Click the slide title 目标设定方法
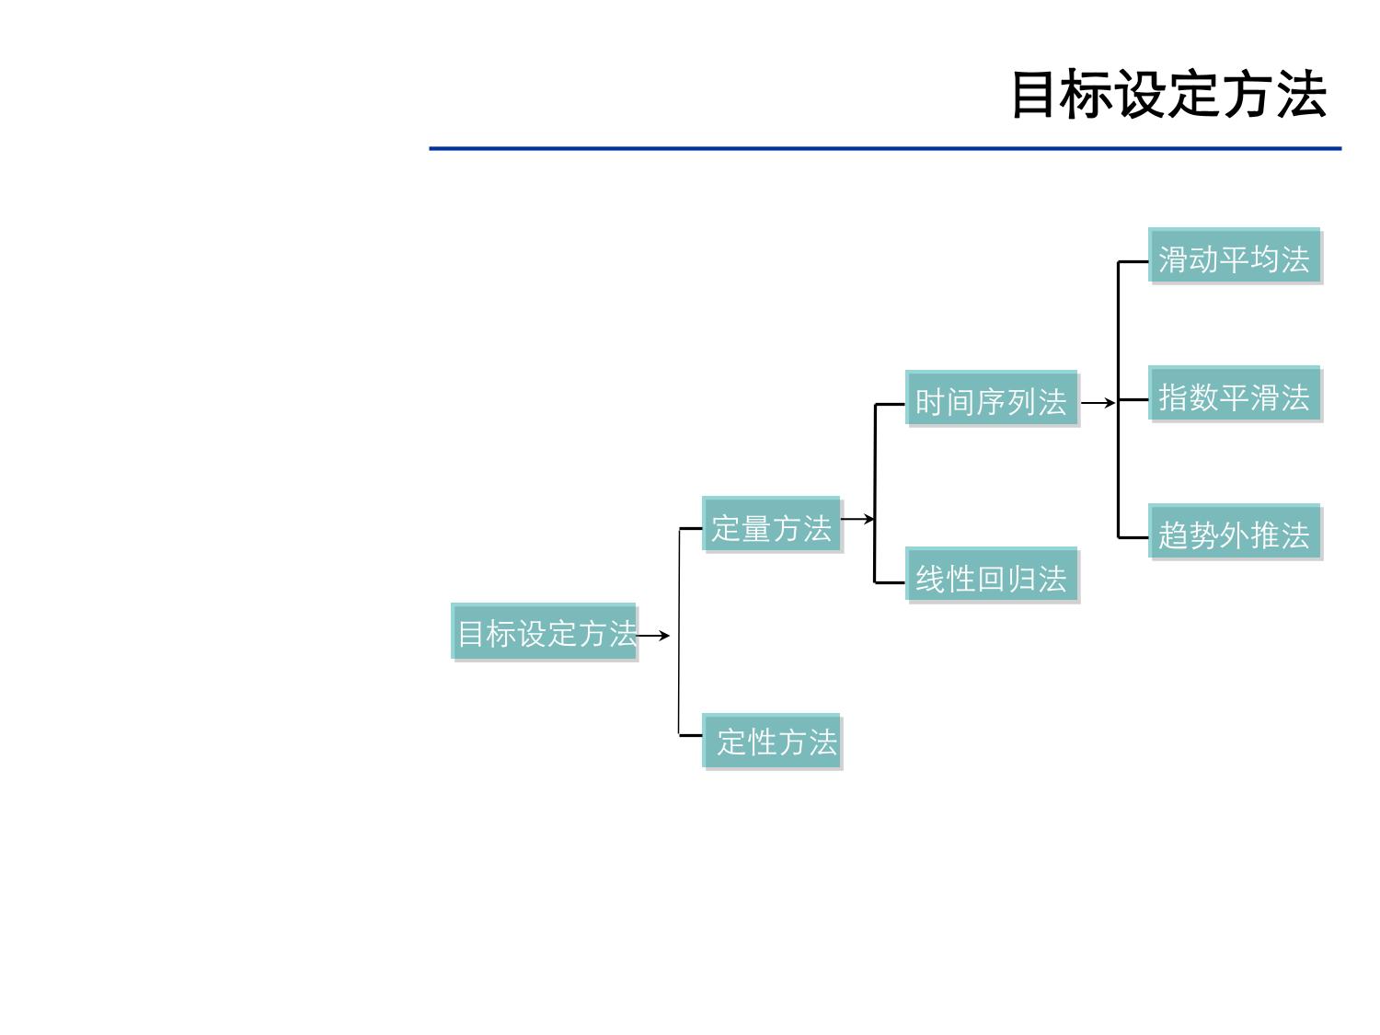click(x=1168, y=94)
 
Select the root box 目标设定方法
click(x=544, y=632)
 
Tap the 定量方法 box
click(x=771, y=525)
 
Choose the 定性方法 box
click(x=773, y=741)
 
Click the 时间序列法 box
click(x=991, y=399)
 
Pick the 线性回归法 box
click(x=991, y=576)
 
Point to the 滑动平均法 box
click(x=1234, y=257)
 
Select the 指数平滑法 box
click(x=1234, y=396)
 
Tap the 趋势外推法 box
click(x=1234, y=533)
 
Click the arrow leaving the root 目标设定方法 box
click(x=654, y=635)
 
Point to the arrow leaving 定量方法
click(x=857, y=519)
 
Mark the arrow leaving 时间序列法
click(x=1097, y=402)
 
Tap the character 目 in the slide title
click(x=1034, y=94)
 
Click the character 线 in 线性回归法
click(x=930, y=579)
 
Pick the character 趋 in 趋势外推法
click(x=1173, y=535)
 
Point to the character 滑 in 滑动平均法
click(x=1173, y=259)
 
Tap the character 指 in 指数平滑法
click(x=1173, y=397)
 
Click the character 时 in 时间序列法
click(x=930, y=402)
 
